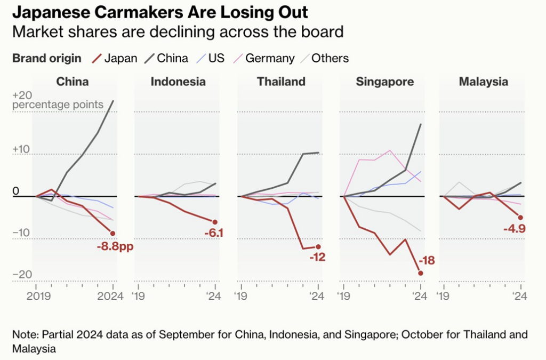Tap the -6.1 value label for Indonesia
(213, 233)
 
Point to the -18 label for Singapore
(427, 261)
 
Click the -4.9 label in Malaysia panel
(514, 229)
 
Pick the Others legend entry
(330, 58)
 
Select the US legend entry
(215, 58)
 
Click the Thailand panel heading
(281, 82)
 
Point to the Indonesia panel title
(178, 82)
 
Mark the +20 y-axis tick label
(22, 95)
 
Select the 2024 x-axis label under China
(112, 297)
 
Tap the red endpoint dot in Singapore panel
(421, 273)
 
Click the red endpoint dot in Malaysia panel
(520, 217)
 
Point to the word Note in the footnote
(23, 335)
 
